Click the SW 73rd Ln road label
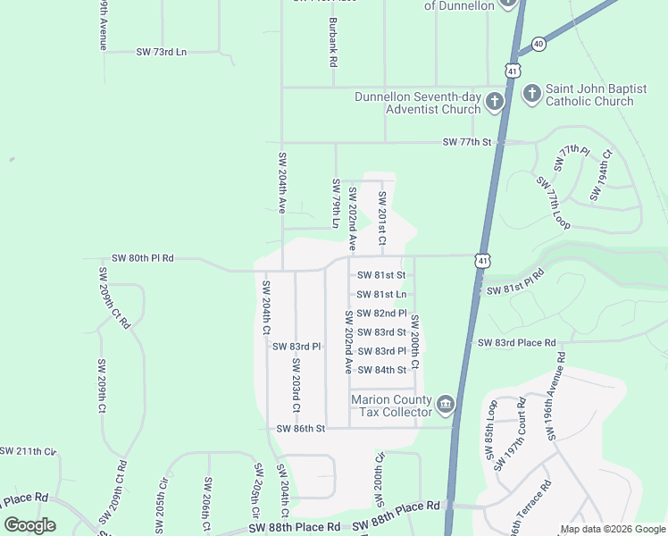point(162,53)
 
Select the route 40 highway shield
point(539,43)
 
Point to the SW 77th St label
point(469,142)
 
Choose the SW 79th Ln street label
point(337,203)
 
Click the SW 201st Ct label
point(382,218)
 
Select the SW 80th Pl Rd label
point(143,258)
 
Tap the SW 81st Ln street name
point(381,295)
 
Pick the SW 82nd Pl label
point(381,314)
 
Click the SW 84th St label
point(381,370)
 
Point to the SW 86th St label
point(301,429)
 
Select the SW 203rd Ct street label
point(296,378)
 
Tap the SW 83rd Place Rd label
point(516,343)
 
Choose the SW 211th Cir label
point(28,452)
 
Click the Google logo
point(30,525)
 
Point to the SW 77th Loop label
point(553,200)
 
